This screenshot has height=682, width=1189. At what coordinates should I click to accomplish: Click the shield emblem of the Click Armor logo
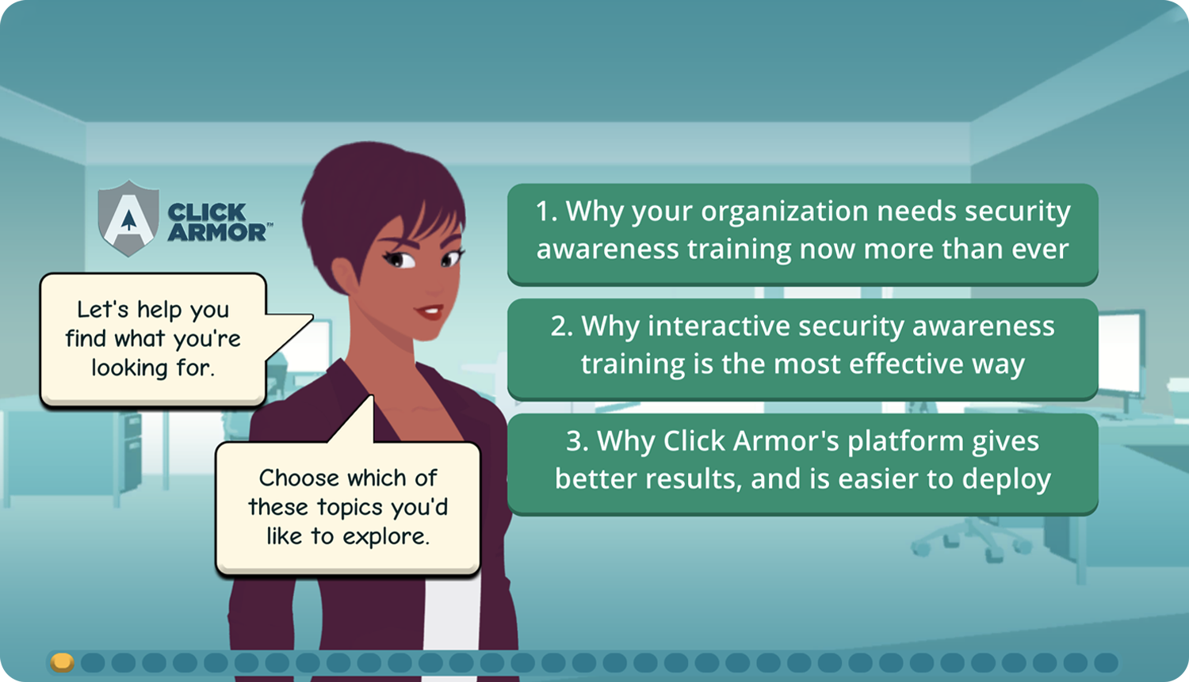pyautogui.click(x=128, y=218)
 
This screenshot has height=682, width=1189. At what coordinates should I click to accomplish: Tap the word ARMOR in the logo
pyautogui.click(x=216, y=232)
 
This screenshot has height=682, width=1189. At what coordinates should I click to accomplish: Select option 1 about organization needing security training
pyautogui.click(x=802, y=234)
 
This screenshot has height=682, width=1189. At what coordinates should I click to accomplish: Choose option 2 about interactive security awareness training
pyautogui.click(x=802, y=349)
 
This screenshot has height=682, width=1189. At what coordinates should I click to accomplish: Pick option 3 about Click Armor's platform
pyautogui.click(x=802, y=463)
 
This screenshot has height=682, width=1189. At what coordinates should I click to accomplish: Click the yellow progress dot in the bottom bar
pyautogui.click(x=62, y=662)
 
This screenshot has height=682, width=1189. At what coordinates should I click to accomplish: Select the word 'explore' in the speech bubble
pyautogui.click(x=384, y=537)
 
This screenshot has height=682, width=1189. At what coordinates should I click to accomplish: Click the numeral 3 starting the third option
pyautogui.click(x=573, y=441)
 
